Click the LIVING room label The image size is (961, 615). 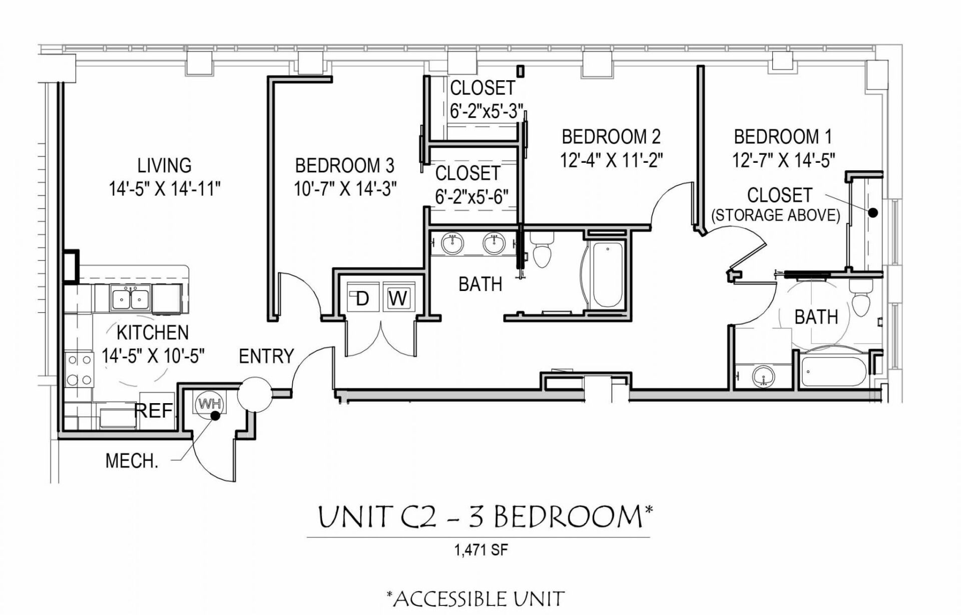[x=164, y=165]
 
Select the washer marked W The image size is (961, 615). [x=398, y=298]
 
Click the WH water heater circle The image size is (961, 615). [x=210, y=404]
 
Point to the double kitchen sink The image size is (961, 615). [x=130, y=299]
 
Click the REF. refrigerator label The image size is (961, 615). [x=154, y=411]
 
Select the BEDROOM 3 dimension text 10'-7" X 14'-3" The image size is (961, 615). [x=345, y=189]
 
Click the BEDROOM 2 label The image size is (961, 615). [x=611, y=137]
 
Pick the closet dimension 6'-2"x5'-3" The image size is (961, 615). [x=486, y=111]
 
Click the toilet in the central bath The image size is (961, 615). [x=542, y=250]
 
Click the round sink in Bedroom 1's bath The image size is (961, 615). [x=763, y=376]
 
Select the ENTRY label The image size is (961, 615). [x=266, y=356]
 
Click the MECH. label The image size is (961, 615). [x=132, y=461]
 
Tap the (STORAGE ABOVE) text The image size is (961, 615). [x=775, y=215]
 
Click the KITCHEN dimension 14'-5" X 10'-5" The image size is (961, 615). [x=153, y=356]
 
